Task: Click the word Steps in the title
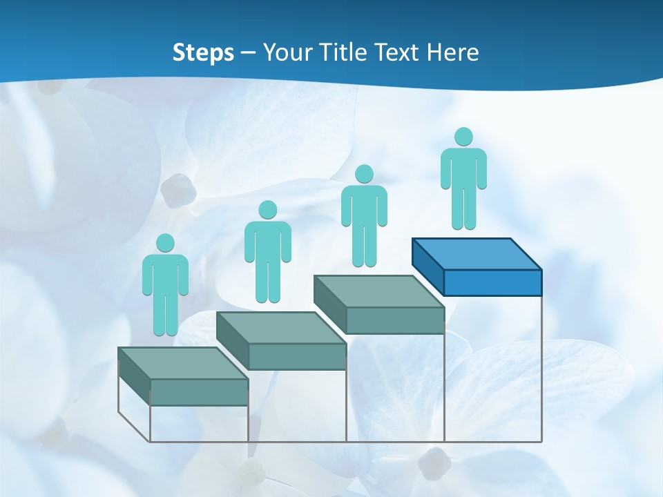pos(203,52)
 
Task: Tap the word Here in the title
pos(453,52)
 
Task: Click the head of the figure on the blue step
pos(463,137)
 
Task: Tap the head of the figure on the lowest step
pos(165,243)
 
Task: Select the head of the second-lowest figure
pos(267,210)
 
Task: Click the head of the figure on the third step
pos(364,174)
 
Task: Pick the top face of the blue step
pos(476,253)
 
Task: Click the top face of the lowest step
pos(182,363)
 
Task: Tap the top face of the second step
pos(280,327)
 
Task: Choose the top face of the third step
pos(378,291)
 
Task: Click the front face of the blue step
pos(492,282)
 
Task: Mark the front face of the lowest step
pos(199,392)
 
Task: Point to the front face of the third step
pos(395,320)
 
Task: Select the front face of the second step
pos(297,356)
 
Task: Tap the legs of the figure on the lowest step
pos(165,314)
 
